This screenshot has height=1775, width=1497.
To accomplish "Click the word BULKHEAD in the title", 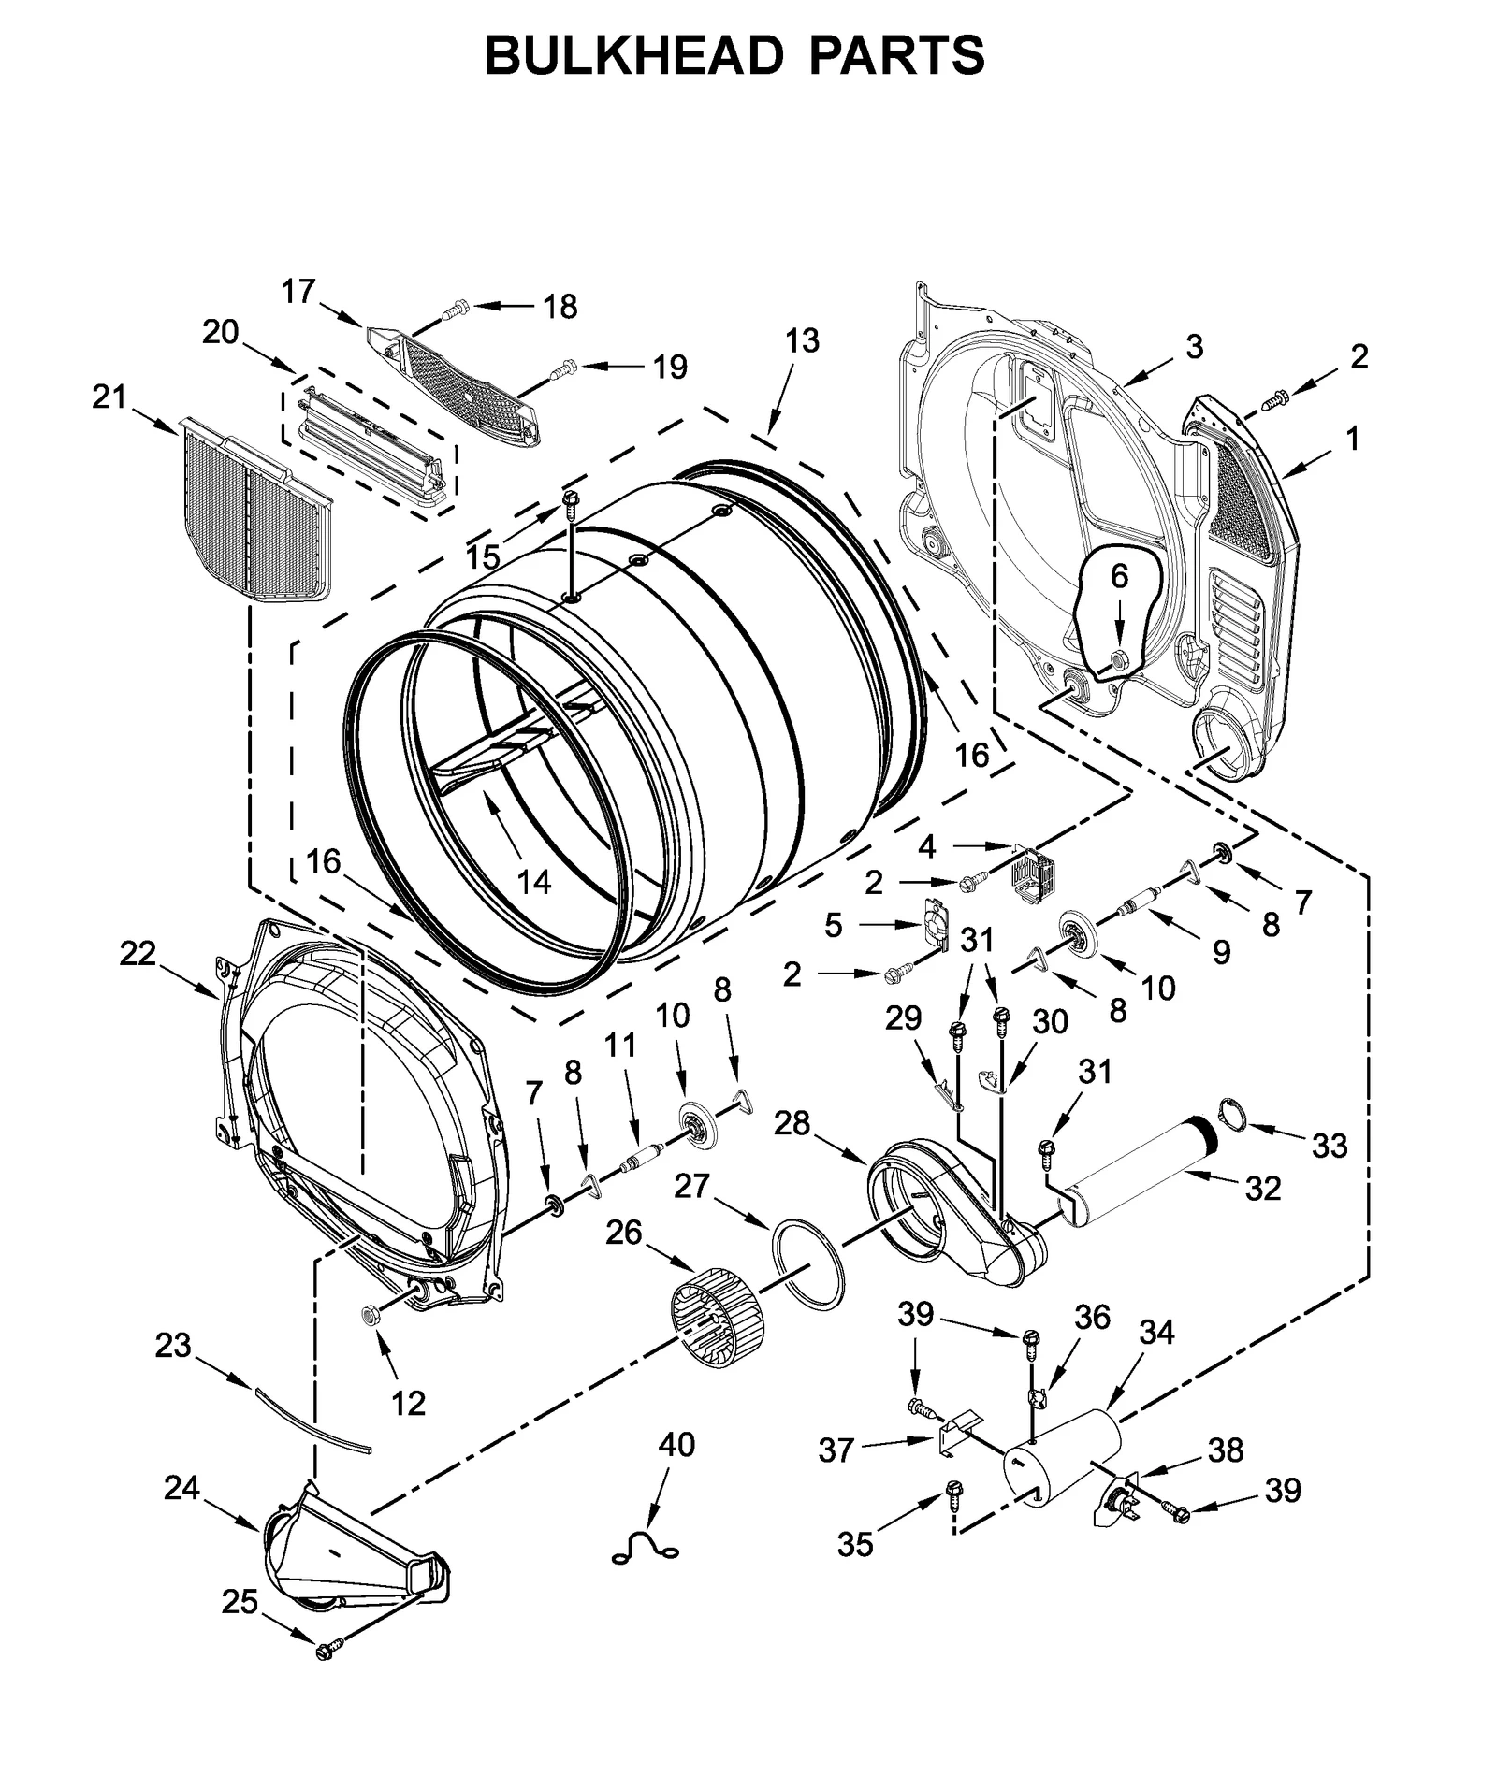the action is [x=632, y=55].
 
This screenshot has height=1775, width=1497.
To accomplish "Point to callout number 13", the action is [x=802, y=340].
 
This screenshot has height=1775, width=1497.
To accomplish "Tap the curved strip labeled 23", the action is [x=312, y=1421].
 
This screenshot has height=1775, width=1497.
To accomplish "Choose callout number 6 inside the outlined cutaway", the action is [x=1119, y=577].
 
